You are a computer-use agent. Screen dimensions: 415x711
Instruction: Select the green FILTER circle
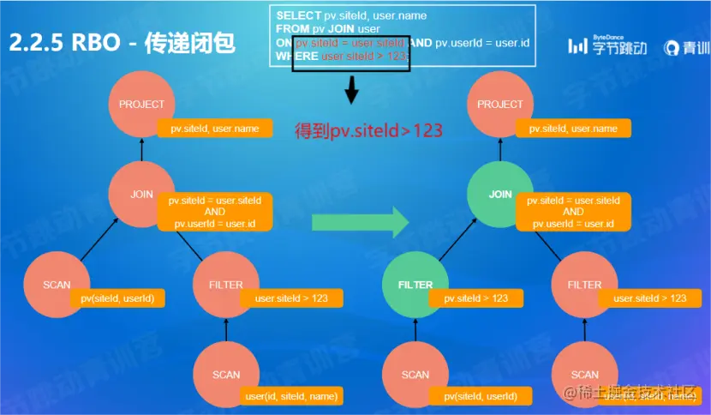415,285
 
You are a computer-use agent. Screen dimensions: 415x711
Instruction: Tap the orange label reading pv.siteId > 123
475,298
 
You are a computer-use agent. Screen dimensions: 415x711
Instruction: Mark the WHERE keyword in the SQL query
297,56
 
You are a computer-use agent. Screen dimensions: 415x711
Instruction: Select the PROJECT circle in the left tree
141,105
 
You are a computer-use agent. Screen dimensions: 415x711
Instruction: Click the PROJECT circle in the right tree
500,105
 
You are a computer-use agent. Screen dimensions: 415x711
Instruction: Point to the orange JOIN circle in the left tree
141,195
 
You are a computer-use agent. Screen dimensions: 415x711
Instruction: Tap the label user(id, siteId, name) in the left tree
292,396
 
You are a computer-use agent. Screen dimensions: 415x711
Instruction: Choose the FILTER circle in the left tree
226,285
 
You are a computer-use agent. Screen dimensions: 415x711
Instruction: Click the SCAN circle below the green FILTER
415,375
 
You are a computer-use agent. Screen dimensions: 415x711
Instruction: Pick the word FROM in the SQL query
293,29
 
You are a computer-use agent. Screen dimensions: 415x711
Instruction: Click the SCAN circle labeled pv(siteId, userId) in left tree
56,285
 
